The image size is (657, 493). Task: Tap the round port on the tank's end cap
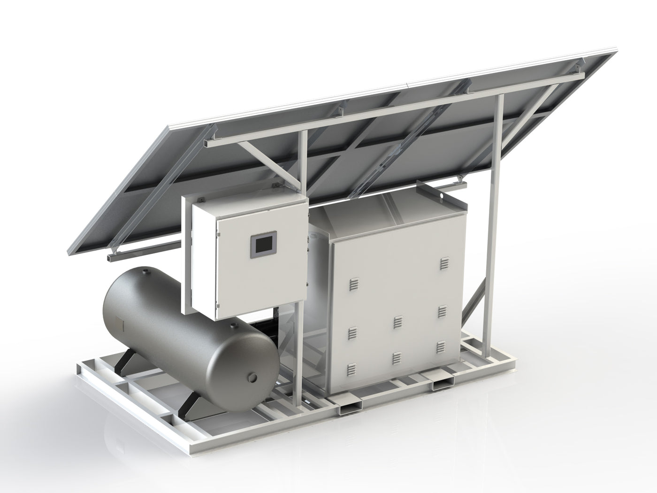coord(253,377)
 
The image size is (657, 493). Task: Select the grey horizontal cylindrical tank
coord(188,329)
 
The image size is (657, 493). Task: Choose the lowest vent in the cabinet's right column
coord(441,347)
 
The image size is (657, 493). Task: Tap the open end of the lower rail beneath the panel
coord(114,258)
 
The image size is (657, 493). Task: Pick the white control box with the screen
coord(244,254)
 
